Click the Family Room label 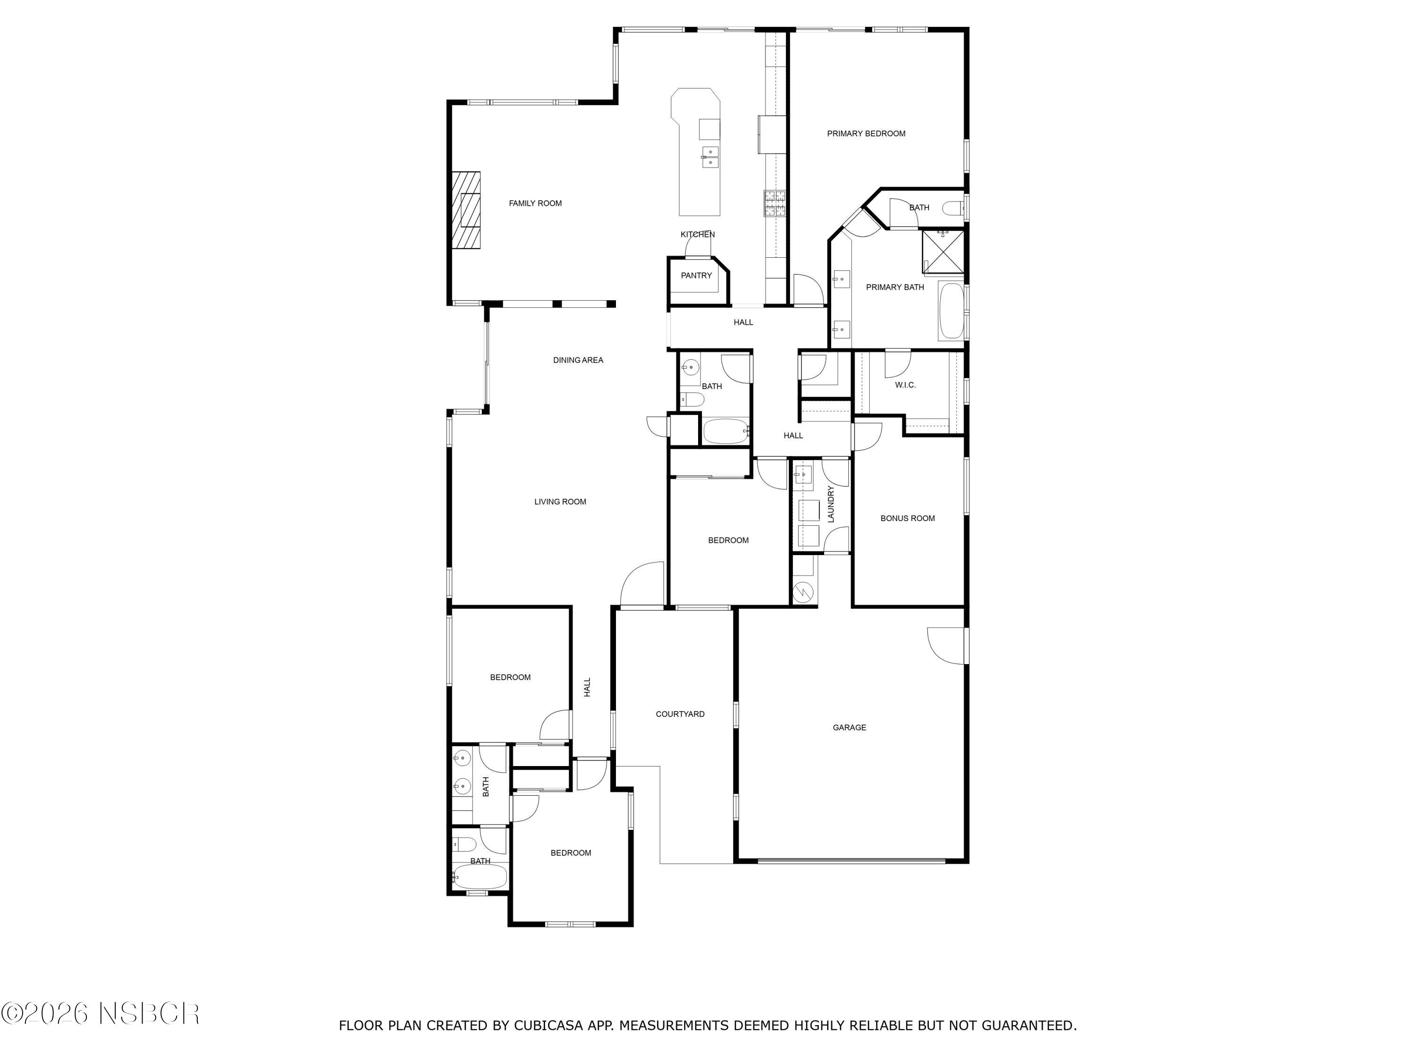tap(535, 203)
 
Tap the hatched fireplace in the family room tap(465, 210)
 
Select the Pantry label tap(696, 276)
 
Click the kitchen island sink tap(710, 157)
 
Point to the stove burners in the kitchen tap(774, 203)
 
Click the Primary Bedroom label tap(866, 134)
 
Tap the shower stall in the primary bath tap(942, 251)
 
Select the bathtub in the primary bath tap(951, 311)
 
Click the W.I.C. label tap(905, 385)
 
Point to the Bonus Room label tap(907, 519)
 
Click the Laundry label tap(831, 505)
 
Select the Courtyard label tap(680, 715)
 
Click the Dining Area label tap(578, 361)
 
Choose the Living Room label tap(560, 502)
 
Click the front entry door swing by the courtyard tap(642, 584)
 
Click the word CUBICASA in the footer tap(548, 1026)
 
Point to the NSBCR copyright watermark tap(101, 1013)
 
